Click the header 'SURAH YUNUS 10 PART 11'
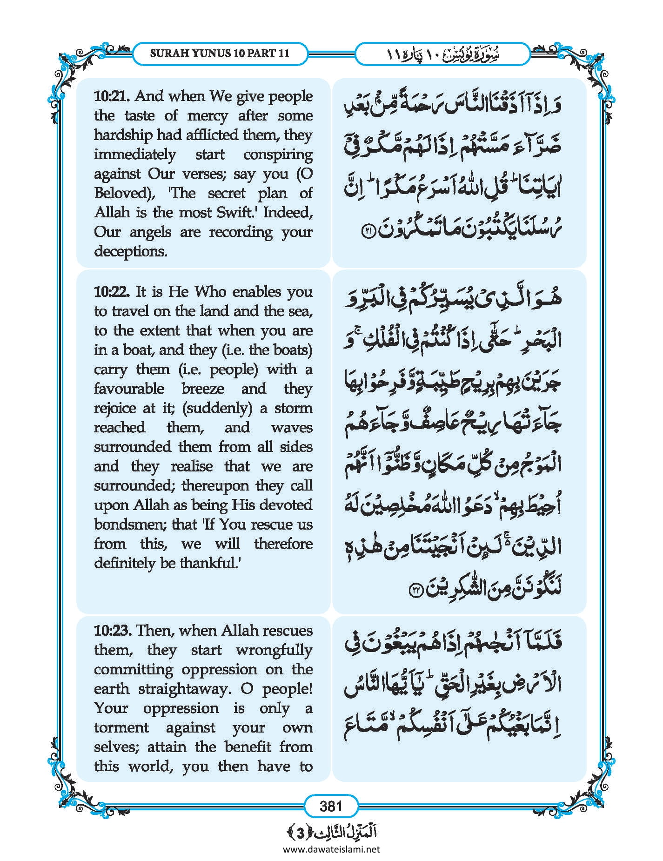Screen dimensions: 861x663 click(220, 54)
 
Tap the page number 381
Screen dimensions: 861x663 click(331, 806)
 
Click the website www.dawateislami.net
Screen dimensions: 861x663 click(331, 849)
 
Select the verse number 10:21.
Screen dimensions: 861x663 click(112, 96)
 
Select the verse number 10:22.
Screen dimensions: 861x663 click(112, 292)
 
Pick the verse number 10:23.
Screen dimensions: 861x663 click(113, 631)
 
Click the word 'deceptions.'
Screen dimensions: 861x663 click(131, 251)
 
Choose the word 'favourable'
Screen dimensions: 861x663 click(129, 389)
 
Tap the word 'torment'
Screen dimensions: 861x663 click(121, 728)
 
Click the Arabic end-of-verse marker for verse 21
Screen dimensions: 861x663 click(369, 232)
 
